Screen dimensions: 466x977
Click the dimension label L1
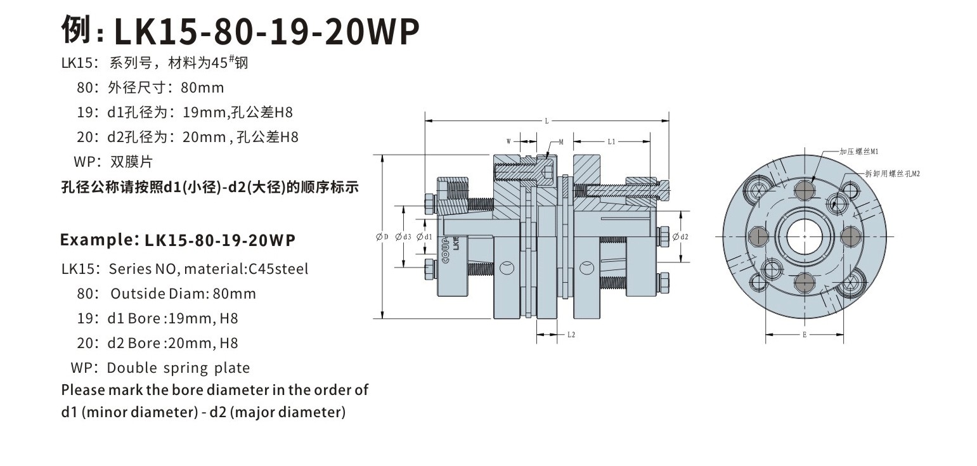pos(611,142)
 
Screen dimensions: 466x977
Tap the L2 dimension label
pos(571,334)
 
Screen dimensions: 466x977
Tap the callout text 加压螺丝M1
pos(858,152)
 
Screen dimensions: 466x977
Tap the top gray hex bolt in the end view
pos(804,190)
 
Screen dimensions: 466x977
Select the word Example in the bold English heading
pos(95,240)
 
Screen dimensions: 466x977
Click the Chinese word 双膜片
pos(132,162)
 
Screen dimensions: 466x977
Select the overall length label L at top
pos(547,120)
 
